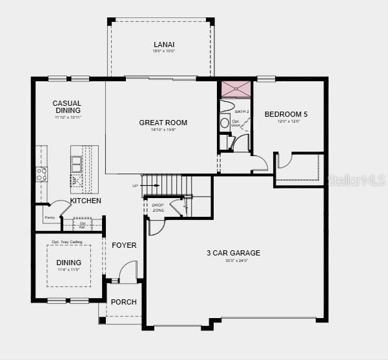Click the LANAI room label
point(163,45)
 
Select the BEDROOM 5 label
point(286,114)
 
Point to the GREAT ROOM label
point(163,123)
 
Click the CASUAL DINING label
point(67,107)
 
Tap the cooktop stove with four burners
point(41,174)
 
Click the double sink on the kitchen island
point(77,162)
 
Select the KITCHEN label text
point(86,201)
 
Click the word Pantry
point(50,218)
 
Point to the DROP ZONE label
point(158,208)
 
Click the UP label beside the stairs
point(135,186)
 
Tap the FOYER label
point(124,245)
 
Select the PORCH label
point(123,302)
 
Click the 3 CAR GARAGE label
point(233,253)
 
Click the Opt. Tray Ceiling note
point(68,241)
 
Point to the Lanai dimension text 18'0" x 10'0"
point(163,51)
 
